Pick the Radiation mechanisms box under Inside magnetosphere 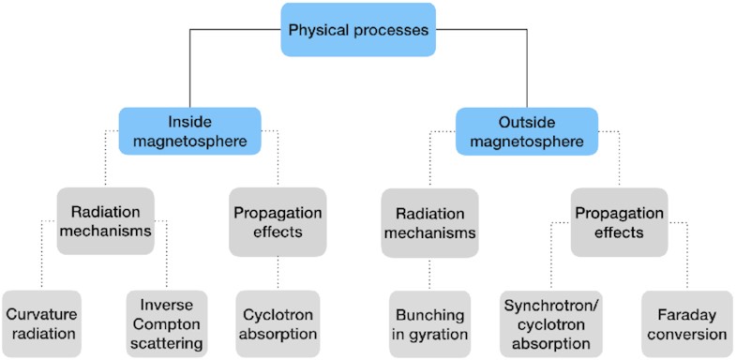click(x=104, y=222)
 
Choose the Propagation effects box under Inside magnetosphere click(x=278, y=222)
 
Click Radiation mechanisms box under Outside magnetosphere click(x=428, y=222)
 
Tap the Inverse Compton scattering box click(x=167, y=322)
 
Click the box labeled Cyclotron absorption click(x=278, y=322)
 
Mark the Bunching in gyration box click(x=428, y=322)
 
